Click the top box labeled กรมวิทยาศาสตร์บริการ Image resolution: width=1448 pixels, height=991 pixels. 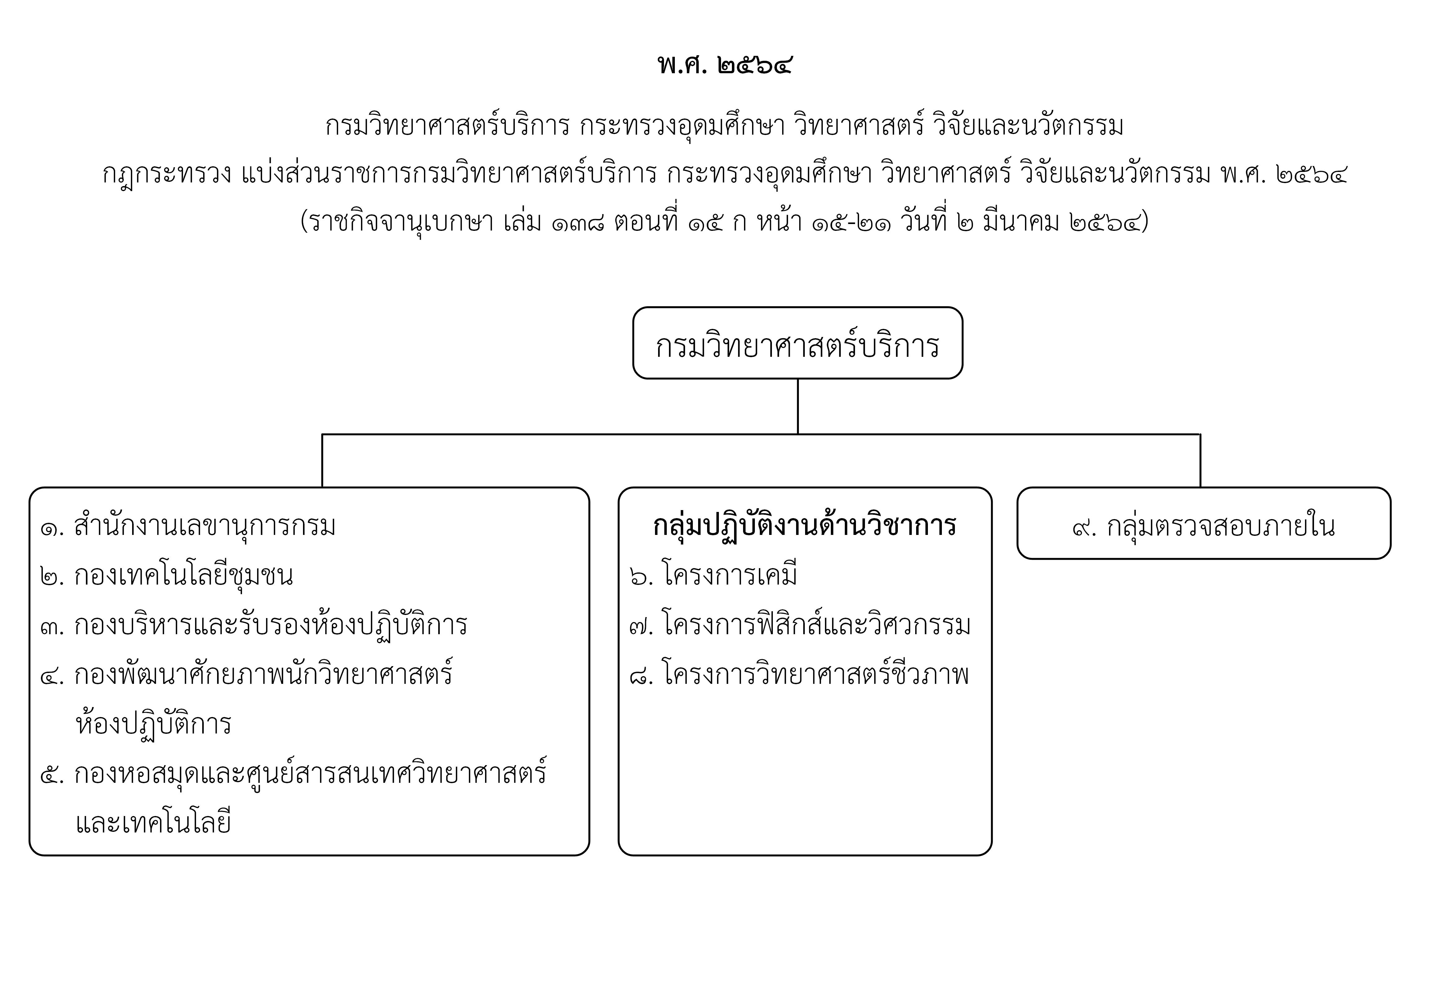coord(798,343)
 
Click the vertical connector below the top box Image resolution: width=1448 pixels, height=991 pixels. coord(798,406)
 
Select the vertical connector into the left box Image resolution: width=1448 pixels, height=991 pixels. coord(322,461)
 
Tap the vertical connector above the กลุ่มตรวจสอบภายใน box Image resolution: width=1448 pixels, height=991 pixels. coord(1200,461)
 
